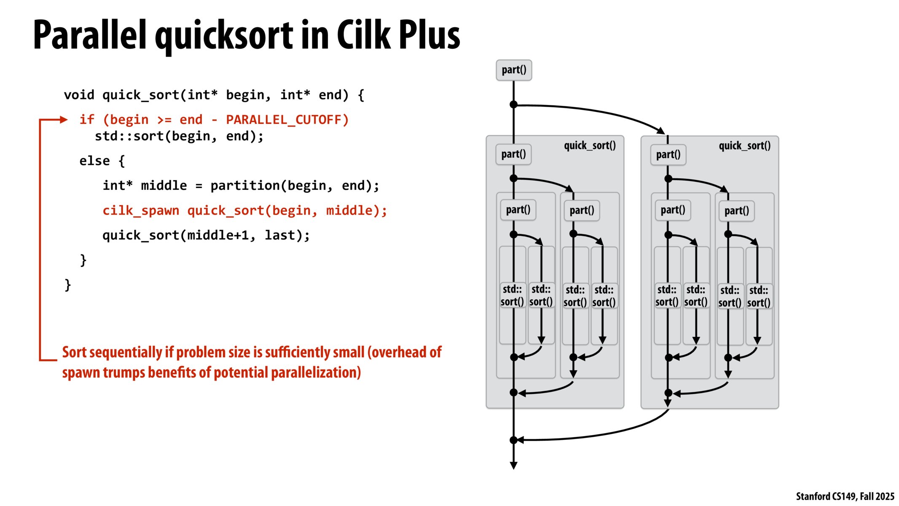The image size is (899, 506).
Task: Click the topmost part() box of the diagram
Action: click(x=513, y=70)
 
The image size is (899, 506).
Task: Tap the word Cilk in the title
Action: click(x=363, y=35)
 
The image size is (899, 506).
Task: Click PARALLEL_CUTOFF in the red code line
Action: click(x=287, y=120)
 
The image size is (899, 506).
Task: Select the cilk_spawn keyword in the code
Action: click(x=141, y=210)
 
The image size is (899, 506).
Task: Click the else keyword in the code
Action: click(x=94, y=161)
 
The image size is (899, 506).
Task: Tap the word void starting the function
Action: click(x=79, y=95)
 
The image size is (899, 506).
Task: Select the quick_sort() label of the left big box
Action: click(x=590, y=146)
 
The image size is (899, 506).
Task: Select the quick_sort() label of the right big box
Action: click(x=744, y=146)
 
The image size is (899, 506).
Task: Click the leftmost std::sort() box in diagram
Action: click(x=512, y=296)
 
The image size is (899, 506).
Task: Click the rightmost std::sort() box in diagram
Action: click(x=759, y=296)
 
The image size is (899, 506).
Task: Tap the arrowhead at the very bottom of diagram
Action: click(x=513, y=465)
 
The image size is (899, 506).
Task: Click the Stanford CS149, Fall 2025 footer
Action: click(x=845, y=496)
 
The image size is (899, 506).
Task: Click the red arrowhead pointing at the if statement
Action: click(x=64, y=120)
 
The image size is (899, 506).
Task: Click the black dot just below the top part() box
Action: click(x=513, y=105)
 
